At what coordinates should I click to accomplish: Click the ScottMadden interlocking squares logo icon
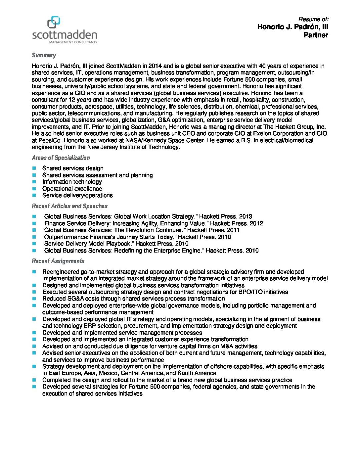point(54,22)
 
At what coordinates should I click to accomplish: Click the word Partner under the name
point(316,35)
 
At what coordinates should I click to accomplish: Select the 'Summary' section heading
point(44,55)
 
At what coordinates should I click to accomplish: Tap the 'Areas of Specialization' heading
point(61,158)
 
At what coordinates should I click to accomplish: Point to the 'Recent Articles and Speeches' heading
point(70,206)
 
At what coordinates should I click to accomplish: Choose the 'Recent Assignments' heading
point(58,261)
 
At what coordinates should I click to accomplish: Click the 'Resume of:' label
point(313,19)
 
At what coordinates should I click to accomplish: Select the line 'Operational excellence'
point(72,189)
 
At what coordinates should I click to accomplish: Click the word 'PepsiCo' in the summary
point(46,140)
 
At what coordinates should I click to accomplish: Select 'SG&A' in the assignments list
point(75,299)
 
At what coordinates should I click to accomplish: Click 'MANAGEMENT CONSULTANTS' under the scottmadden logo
point(73,42)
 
